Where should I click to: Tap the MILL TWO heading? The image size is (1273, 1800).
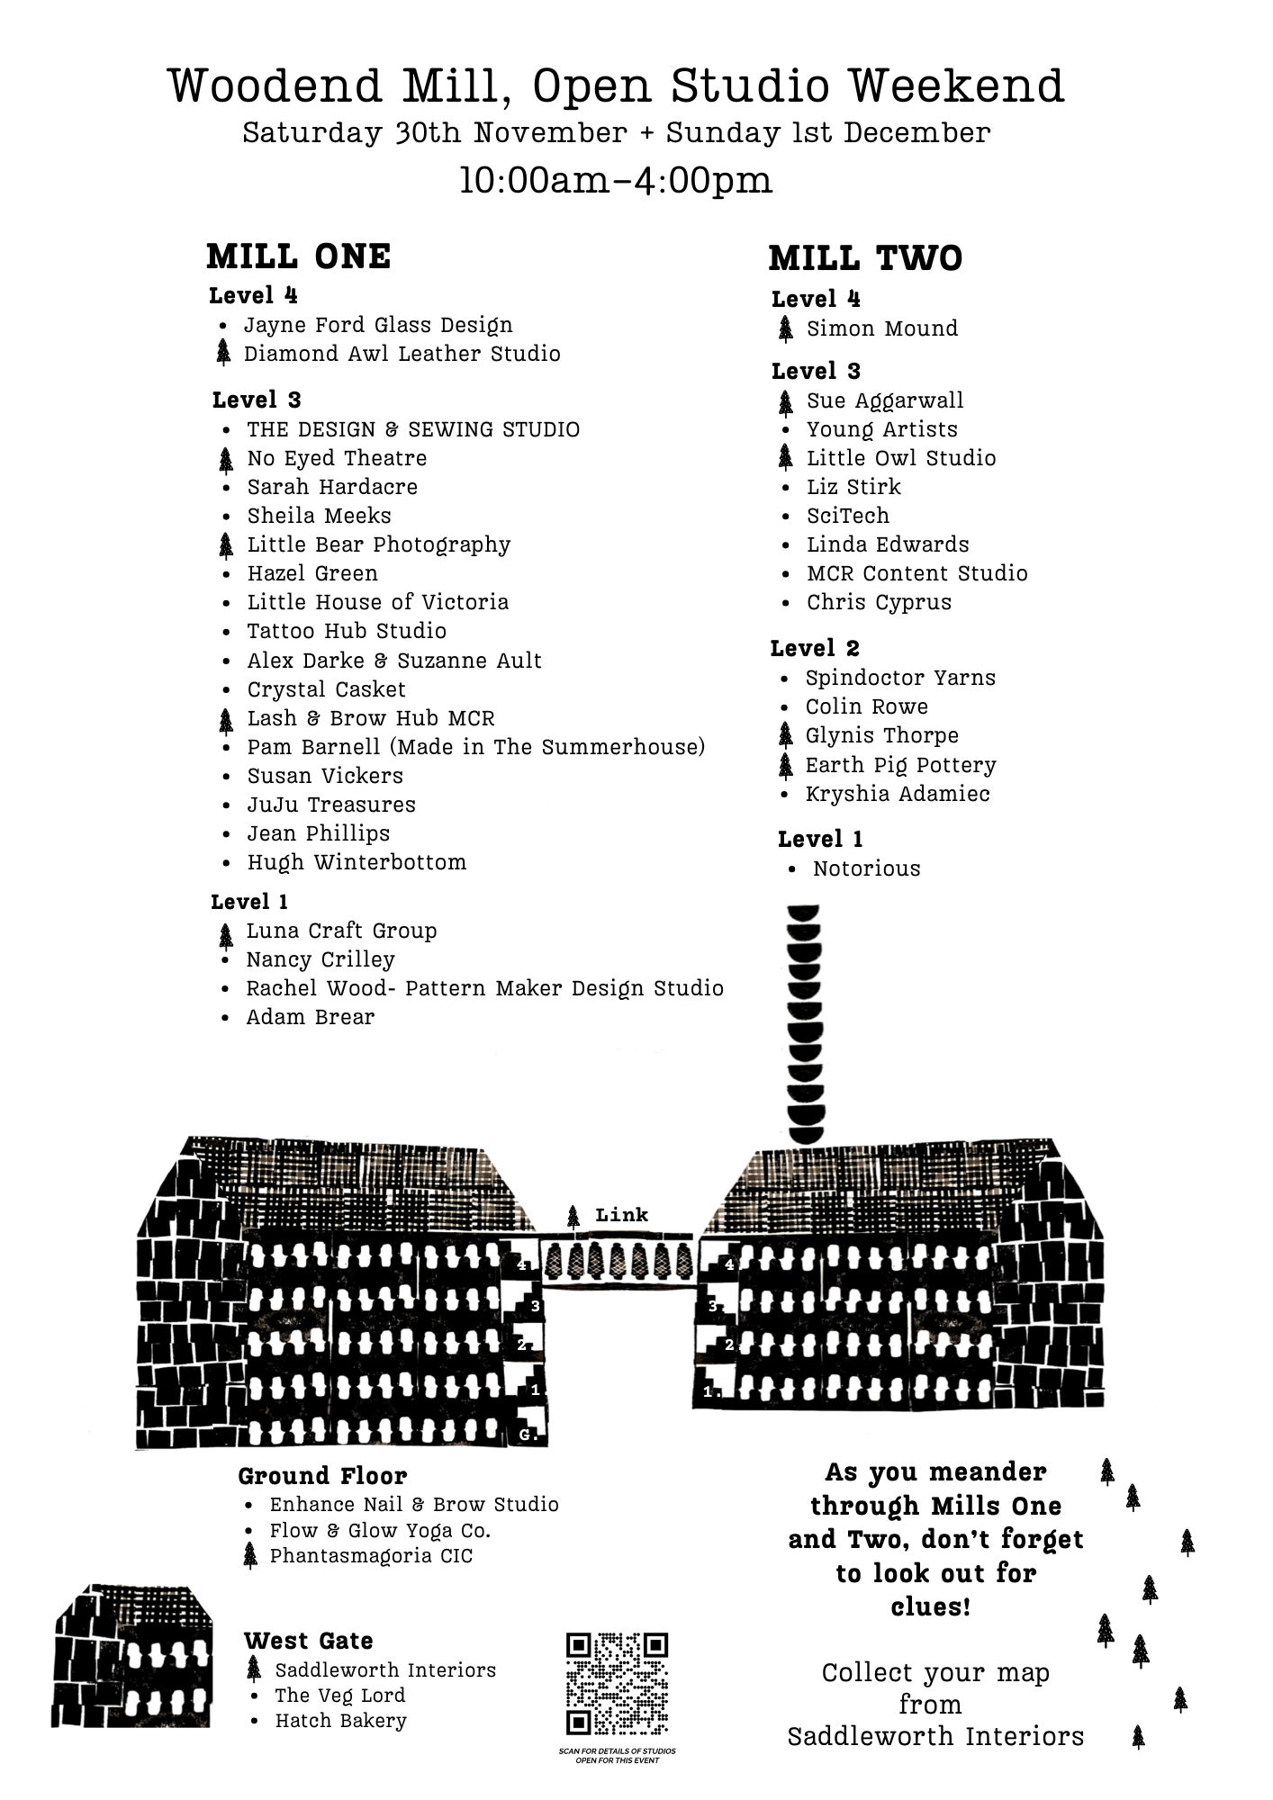[865, 259]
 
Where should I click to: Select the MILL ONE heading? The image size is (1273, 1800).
[298, 257]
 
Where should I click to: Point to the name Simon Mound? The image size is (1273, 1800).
[881, 328]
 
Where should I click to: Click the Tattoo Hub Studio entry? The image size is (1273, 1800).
[347, 631]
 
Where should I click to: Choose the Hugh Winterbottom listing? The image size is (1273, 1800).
[357, 862]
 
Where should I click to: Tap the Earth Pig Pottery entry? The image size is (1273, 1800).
[900, 765]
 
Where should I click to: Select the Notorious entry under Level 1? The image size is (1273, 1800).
[866, 868]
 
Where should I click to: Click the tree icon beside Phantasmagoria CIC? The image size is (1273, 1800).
[250, 1556]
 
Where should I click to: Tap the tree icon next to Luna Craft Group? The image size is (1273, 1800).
[226, 936]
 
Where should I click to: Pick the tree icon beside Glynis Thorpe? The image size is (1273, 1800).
[786, 736]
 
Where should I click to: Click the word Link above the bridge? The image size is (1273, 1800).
[621, 1215]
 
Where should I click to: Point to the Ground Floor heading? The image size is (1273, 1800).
[322, 1476]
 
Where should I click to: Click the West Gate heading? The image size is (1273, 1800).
[308, 1641]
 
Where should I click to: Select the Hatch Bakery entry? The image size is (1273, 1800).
[340, 1721]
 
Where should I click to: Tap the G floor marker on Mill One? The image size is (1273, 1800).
[527, 1435]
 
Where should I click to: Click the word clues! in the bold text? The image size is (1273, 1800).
[930, 1606]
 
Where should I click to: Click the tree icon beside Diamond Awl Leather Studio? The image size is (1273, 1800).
[224, 355]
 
